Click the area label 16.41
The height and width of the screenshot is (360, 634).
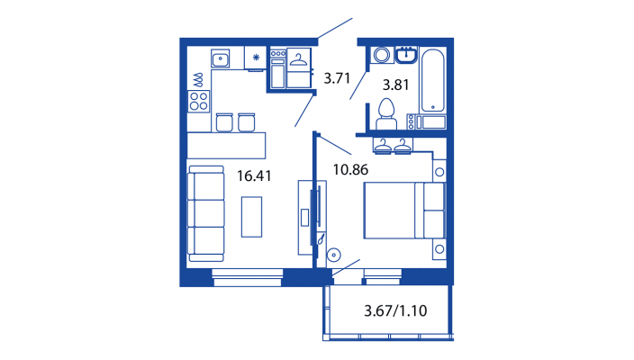tap(254, 175)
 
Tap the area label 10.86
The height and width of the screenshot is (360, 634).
tap(350, 169)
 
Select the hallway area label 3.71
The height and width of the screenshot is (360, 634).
tap(337, 78)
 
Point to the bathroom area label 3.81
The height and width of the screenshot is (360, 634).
tap(396, 85)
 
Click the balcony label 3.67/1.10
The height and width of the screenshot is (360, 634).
tap(395, 310)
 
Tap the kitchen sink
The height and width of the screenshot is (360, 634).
tap(220, 58)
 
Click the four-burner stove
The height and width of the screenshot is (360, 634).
tap(198, 101)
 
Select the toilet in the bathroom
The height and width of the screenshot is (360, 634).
tap(386, 114)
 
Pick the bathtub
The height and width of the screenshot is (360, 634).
tap(432, 80)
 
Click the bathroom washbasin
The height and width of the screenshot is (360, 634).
tap(406, 56)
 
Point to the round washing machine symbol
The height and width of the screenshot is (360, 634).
tap(382, 55)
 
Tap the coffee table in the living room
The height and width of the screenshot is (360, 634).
tap(251, 217)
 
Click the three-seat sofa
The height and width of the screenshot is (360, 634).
tap(206, 213)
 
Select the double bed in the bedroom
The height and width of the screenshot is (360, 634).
tap(404, 210)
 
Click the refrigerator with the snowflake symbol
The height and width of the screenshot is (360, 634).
tap(256, 58)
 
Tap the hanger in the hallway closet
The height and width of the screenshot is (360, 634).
tap(298, 60)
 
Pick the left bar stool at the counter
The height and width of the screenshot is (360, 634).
tap(224, 122)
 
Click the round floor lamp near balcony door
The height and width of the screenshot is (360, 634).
tap(333, 255)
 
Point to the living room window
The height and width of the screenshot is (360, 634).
tap(247, 277)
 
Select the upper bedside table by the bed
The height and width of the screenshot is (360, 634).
tap(439, 172)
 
